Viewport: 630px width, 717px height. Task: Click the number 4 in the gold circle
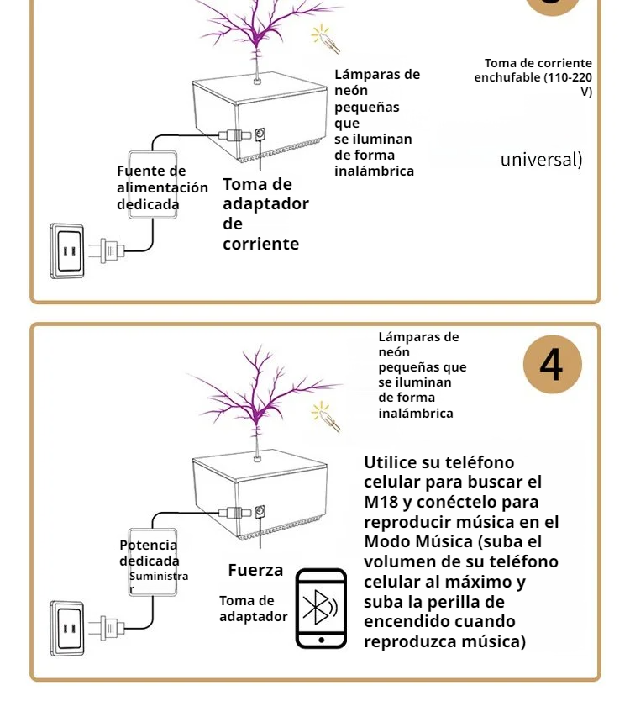552,365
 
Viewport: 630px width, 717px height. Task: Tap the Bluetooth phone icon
321,608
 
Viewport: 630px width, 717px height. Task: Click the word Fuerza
255,570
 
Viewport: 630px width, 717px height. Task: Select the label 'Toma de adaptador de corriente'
265,214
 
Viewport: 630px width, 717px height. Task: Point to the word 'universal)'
541,159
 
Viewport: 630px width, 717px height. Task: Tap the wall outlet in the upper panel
67,250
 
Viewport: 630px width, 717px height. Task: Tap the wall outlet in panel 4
67,627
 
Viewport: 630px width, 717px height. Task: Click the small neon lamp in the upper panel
323,38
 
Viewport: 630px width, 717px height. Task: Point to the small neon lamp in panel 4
324,416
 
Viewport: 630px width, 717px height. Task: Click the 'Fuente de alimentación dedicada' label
161,187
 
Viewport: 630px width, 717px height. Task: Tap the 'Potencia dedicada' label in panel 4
149,553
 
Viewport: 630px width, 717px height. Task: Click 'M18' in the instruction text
382,502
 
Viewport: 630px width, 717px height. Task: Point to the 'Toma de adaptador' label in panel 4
253,609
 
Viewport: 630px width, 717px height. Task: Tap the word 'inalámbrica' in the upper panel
374,171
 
